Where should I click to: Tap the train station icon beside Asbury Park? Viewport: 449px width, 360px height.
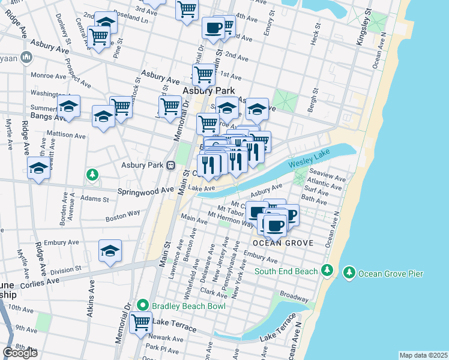click(171, 165)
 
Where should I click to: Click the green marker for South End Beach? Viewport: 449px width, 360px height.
click(327, 271)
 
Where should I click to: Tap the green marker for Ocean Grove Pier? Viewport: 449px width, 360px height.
click(349, 274)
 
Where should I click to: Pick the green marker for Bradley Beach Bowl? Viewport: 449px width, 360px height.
click(142, 305)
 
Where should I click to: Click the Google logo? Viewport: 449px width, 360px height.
click(20, 353)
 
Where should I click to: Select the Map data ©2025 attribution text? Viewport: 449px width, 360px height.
click(423, 355)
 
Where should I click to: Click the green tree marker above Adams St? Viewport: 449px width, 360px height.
click(92, 175)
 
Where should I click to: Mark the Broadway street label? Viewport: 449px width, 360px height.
click(294, 297)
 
